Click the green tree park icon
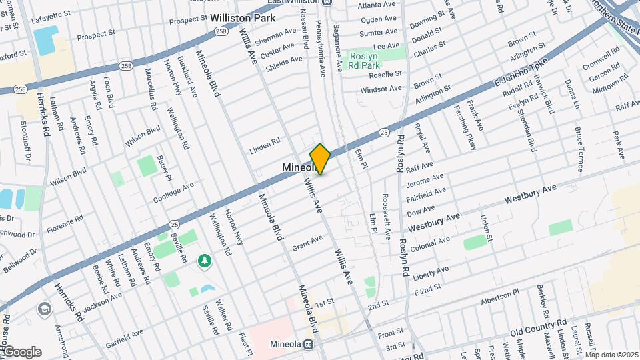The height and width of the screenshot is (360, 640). point(205,262)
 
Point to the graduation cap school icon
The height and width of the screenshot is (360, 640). point(44,309)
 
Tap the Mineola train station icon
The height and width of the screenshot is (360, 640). point(309,345)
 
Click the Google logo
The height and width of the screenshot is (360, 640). point(21,352)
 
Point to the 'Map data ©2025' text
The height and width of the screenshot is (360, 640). point(611,355)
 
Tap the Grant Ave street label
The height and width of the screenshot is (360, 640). point(307,243)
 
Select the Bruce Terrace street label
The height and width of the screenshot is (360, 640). point(579,145)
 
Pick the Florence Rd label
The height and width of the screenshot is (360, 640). point(65,223)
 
